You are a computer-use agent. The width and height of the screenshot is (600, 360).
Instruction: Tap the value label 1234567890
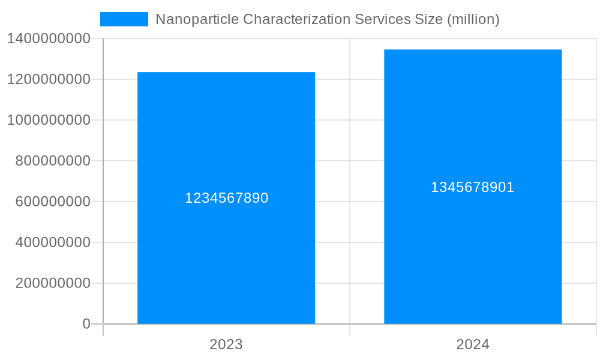226,198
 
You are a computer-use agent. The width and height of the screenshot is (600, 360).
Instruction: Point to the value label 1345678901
473,187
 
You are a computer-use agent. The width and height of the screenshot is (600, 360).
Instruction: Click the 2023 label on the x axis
226,344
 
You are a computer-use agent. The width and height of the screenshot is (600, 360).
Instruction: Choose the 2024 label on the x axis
473,344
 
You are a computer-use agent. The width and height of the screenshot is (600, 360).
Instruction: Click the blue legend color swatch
124,19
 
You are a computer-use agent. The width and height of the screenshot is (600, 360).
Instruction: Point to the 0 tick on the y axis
86,324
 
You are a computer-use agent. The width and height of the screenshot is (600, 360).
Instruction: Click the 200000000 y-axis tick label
53,283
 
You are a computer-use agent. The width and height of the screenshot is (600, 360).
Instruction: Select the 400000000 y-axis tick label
53,242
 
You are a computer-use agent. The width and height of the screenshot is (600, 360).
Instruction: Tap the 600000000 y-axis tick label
53,202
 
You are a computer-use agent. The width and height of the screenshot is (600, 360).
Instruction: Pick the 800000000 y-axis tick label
53,161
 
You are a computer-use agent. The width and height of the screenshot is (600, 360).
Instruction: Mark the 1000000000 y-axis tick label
49,120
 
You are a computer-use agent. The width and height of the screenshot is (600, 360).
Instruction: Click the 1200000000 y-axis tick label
49,79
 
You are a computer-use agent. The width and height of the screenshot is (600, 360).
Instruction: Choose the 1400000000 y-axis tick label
49,38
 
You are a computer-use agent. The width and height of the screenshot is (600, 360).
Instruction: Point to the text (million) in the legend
473,19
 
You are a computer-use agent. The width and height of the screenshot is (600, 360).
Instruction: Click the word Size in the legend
428,19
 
